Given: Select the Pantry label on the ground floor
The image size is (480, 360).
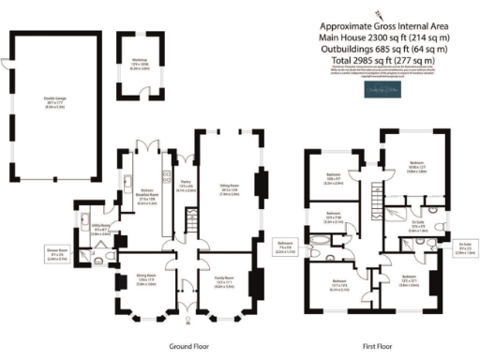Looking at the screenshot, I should (x=186, y=187).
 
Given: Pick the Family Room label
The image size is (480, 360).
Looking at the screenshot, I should (x=225, y=281).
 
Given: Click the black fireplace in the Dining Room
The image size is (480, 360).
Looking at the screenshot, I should (x=115, y=282).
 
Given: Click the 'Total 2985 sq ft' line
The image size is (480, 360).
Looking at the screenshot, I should (x=383, y=61).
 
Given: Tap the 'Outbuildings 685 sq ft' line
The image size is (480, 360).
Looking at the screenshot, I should (x=383, y=49).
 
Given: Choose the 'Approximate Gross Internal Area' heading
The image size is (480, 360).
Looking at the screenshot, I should (x=383, y=25).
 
